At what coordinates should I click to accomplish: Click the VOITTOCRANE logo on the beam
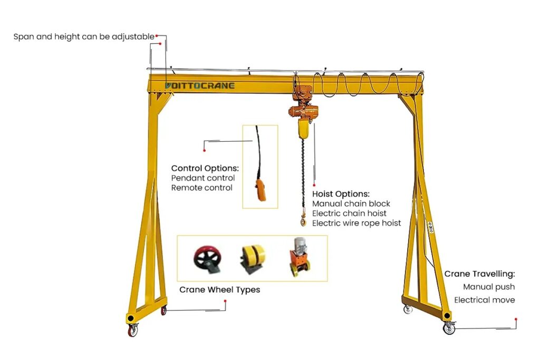point(200,86)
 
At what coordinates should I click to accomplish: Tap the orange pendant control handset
point(261,190)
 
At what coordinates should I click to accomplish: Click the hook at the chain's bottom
point(303,219)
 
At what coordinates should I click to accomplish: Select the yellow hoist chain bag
point(303,128)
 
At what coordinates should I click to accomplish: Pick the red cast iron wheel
point(207,259)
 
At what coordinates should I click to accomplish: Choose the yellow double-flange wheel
point(253,259)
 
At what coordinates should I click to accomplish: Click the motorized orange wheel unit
point(299,257)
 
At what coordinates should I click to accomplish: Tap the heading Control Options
point(205,168)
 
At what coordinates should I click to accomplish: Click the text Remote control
point(202,188)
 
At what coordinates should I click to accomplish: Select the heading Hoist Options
point(341,194)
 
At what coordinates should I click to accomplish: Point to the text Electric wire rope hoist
point(356,223)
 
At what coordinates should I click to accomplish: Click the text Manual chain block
point(351,204)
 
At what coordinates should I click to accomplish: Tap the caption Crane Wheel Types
point(220,290)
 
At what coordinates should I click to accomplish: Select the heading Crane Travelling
point(480,274)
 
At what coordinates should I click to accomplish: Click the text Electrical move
point(485,300)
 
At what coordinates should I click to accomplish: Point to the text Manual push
point(489,287)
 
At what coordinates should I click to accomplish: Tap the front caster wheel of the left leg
point(133,330)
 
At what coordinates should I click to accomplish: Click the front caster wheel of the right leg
point(449,328)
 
